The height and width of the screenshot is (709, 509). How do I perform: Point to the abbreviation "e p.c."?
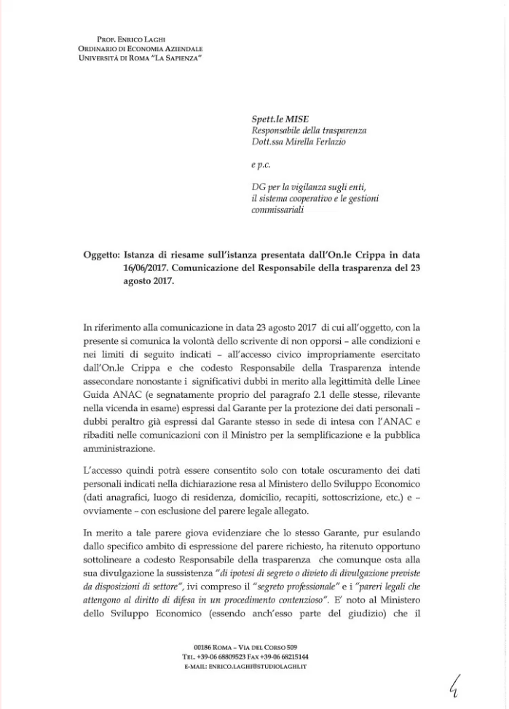click(261, 166)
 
